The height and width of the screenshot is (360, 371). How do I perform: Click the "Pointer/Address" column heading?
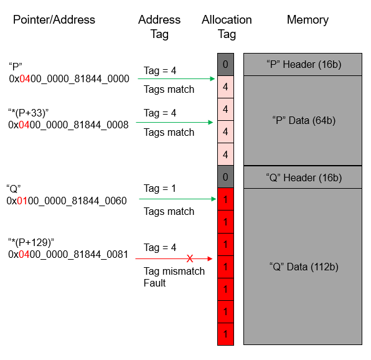click(x=54, y=20)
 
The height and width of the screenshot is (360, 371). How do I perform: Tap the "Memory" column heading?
click(x=308, y=20)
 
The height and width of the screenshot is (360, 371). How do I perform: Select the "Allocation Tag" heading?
click(x=227, y=27)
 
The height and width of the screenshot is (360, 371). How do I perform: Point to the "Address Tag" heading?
click(x=159, y=27)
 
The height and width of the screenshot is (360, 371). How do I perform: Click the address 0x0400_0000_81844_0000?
click(x=69, y=79)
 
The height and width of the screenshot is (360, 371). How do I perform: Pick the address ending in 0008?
click(x=68, y=125)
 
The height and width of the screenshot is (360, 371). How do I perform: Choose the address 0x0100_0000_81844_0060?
click(x=67, y=201)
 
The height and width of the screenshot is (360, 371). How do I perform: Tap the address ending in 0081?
click(x=68, y=255)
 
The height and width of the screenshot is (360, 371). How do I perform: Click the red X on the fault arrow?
click(x=190, y=258)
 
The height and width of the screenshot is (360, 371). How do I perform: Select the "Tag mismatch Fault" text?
click(x=174, y=277)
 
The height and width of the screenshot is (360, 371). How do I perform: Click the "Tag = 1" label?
click(x=160, y=188)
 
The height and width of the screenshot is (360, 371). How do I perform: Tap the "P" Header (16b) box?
click(x=303, y=64)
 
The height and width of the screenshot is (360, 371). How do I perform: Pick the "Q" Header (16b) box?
click(x=303, y=178)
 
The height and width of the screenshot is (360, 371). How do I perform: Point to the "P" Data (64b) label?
click(x=304, y=120)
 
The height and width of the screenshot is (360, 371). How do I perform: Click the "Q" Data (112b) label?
click(x=304, y=267)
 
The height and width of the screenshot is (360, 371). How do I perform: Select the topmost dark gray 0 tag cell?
click(x=225, y=64)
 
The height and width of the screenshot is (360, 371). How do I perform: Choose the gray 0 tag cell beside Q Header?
click(x=225, y=177)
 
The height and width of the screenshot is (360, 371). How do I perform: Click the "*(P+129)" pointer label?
click(x=31, y=243)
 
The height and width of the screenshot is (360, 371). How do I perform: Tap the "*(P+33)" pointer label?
click(x=29, y=113)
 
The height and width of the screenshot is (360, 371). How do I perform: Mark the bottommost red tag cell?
click(x=225, y=334)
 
